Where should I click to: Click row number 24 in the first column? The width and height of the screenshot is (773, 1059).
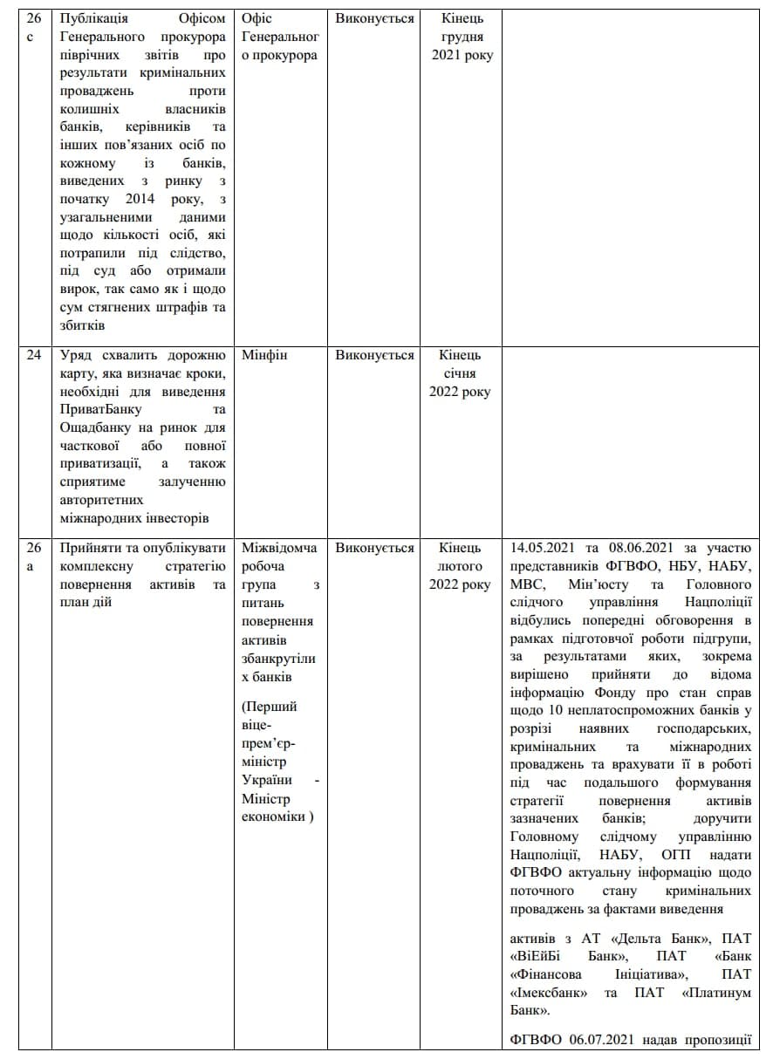click(x=33, y=355)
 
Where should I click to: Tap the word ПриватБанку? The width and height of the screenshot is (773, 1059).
click(x=101, y=409)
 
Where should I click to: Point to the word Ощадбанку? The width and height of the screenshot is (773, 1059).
click(x=96, y=427)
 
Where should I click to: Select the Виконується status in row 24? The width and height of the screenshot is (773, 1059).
click(x=374, y=355)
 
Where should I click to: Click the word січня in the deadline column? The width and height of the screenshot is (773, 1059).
click(x=459, y=373)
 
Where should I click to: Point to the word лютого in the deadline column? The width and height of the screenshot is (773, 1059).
click(x=460, y=566)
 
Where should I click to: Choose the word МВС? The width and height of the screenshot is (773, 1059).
click(x=528, y=584)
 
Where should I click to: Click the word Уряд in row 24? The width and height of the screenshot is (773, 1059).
click(x=76, y=355)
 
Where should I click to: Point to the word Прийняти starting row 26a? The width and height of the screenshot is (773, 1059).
click(x=91, y=548)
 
